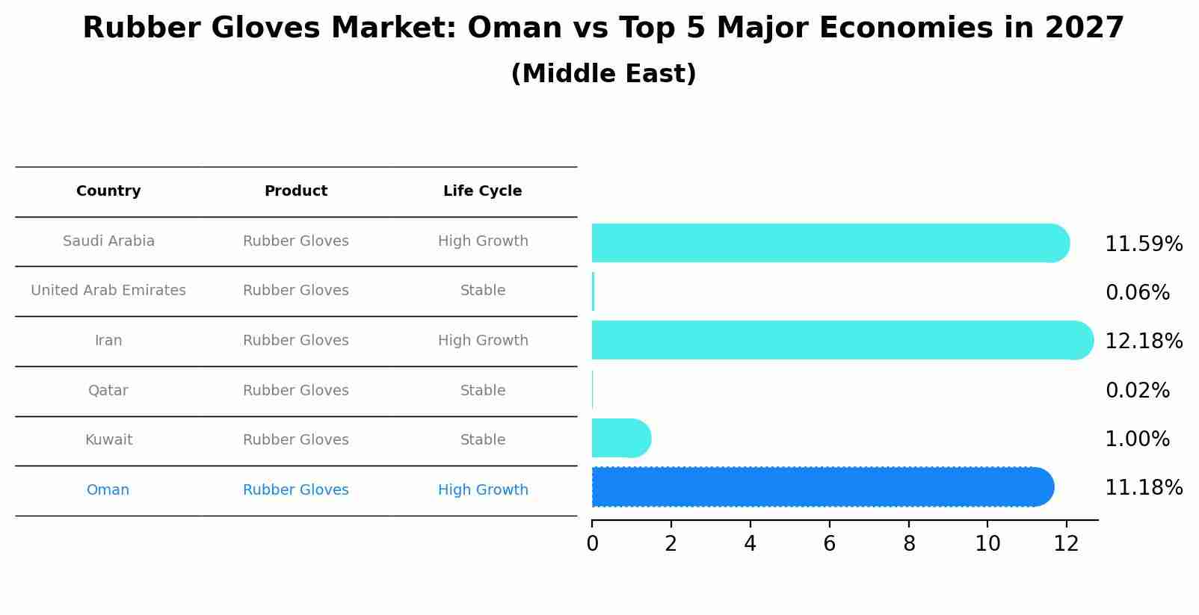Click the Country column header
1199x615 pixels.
108,191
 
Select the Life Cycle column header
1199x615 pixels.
482,191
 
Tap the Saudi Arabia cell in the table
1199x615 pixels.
108,241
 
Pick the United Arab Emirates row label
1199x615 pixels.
108,291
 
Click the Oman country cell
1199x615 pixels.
108,490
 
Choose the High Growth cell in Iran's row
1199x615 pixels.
483,341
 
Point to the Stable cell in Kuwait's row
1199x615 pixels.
483,440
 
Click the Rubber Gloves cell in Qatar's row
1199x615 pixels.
295,391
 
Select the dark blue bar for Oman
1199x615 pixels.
822,487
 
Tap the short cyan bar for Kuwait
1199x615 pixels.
620,438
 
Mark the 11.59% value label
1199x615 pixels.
1143,244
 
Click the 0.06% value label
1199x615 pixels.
1137,293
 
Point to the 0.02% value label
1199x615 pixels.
1137,391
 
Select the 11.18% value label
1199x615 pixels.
1143,488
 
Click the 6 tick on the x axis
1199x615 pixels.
829,544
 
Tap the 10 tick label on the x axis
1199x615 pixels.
987,544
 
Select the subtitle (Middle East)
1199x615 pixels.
603,74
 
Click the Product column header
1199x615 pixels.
295,191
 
